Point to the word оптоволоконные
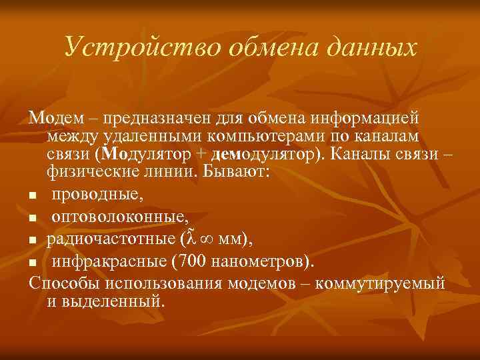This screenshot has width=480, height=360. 120,217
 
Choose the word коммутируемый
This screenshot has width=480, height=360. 381,282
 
